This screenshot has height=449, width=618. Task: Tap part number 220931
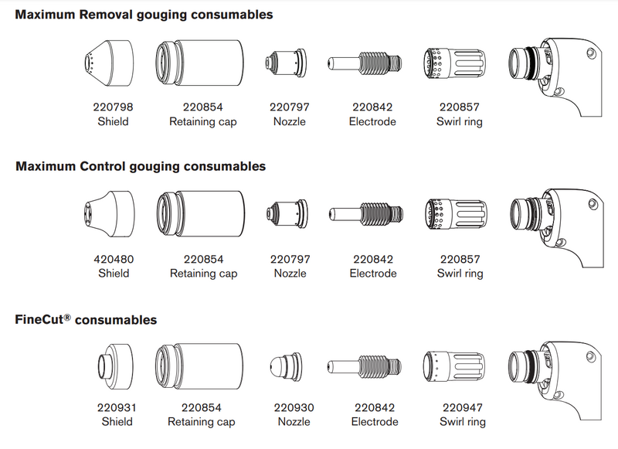pos(117,407)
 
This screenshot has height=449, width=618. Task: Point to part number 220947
pos(463,407)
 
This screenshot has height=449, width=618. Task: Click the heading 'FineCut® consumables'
pos(85,319)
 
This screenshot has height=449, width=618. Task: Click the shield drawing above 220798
pos(107,61)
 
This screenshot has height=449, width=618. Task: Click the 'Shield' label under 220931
pos(117,421)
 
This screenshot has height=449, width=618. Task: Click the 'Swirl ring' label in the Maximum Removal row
pos(460,121)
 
